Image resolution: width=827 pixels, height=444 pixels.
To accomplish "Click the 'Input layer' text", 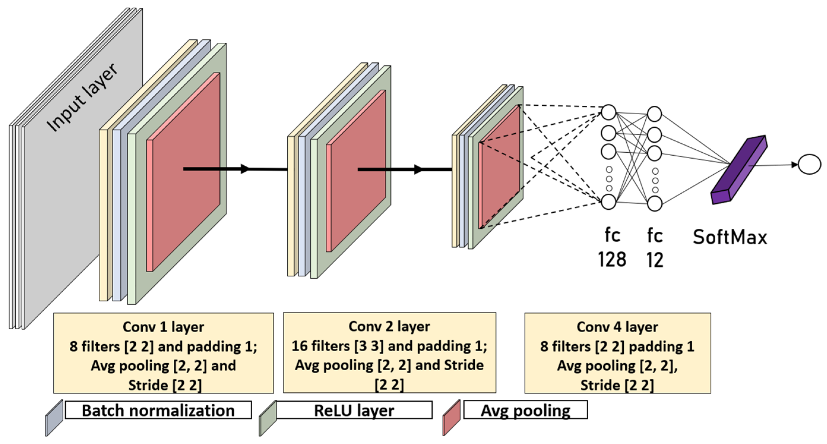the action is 82,97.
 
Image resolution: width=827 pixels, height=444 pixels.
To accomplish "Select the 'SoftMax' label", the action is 730,237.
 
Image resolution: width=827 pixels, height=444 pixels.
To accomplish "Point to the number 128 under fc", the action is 612,260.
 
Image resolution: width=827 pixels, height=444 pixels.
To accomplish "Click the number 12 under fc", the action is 655,260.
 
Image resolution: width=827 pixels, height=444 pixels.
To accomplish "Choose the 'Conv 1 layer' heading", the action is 163,327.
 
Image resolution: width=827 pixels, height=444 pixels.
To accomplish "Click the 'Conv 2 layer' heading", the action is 389,326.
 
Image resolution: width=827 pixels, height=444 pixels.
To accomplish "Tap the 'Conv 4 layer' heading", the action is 617,327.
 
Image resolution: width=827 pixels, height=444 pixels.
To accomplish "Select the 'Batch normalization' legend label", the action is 158,410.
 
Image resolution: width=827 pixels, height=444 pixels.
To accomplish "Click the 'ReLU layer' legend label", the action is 354,410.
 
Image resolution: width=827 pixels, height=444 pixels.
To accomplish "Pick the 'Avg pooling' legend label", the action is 525,410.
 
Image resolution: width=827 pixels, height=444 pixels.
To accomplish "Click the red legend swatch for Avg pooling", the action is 451,418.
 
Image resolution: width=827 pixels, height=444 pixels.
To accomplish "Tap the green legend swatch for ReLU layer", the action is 268,418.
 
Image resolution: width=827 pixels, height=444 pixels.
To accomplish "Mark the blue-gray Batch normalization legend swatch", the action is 54,418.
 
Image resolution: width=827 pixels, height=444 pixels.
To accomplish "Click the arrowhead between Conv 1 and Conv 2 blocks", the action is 245,169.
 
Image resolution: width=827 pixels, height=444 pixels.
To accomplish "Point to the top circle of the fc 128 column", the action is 608,113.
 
